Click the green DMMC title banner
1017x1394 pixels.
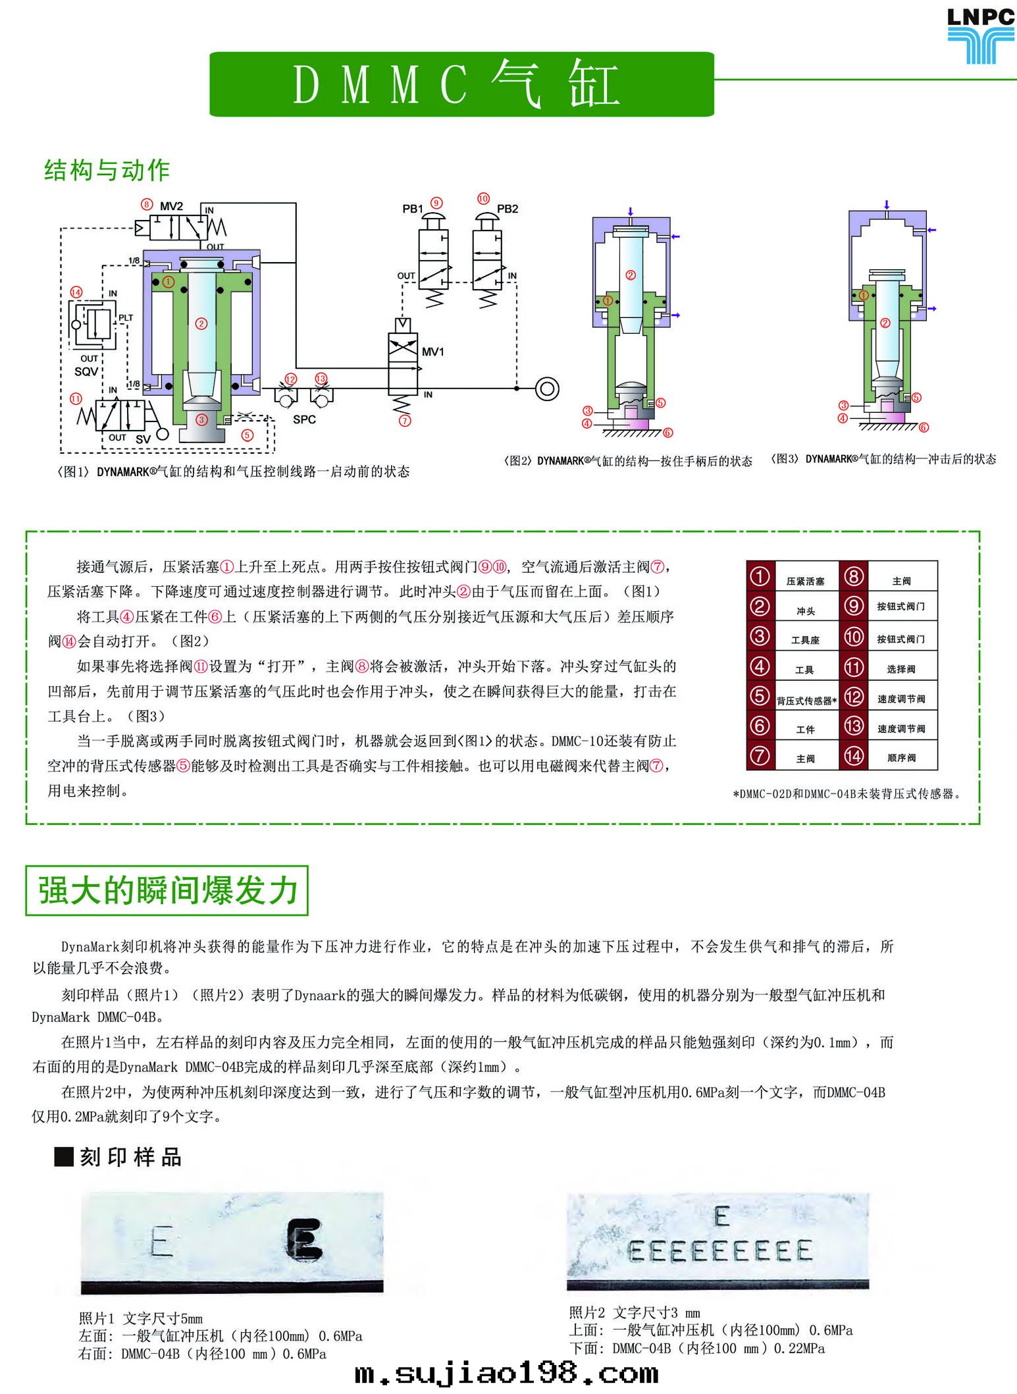(461, 84)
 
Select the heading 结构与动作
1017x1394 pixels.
(107, 171)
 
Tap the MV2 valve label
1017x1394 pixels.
(171, 206)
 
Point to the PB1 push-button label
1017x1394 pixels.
(413, 209)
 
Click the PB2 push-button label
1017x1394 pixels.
(508, 209)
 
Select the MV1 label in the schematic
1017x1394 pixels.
(432, 352)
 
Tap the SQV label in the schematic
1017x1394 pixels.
(86, 371)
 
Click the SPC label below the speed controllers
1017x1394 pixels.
(304, 419)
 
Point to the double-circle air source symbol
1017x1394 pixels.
(547, 389)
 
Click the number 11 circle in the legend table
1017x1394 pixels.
(854, 668)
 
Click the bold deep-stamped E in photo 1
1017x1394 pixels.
(305, 1240)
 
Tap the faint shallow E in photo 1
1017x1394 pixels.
(161, 1243)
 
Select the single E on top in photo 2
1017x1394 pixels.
(722, 1216)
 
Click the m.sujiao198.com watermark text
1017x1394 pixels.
(506, 1374)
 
